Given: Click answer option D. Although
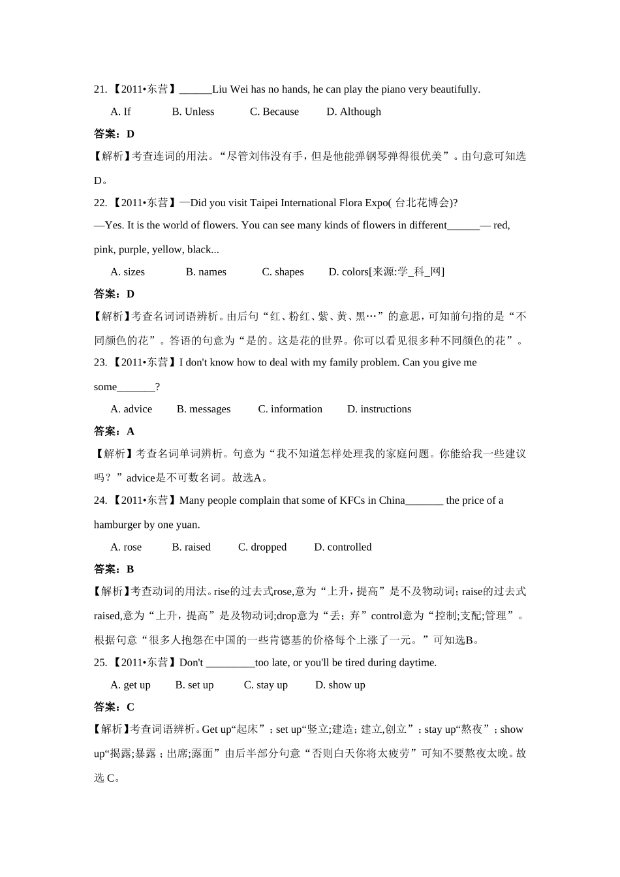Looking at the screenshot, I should tap(353, 112).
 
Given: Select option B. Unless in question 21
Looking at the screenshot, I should tap(193, 112).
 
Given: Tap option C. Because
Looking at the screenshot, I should tap(274, 112).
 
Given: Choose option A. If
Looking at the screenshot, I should tap(121, 112).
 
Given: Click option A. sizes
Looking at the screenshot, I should tap(127, 271).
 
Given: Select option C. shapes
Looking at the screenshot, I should tap(283, 271).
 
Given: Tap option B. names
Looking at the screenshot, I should tap(206, 271).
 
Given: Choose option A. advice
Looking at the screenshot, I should tap(131, 409).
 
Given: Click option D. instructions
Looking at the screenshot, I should tap(379, 409).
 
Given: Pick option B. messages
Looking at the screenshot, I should tap(203, 409).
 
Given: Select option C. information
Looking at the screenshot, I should tap(290, 409).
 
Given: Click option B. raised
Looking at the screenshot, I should tap(191, 547).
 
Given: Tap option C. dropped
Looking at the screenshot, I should tap(262, 547).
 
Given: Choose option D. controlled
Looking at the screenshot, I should tap(343, 547).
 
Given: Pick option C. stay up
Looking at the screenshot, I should tap(266, 685).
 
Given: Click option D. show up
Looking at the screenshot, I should tap(340, 685).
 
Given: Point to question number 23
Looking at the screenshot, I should tap(101, 362).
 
